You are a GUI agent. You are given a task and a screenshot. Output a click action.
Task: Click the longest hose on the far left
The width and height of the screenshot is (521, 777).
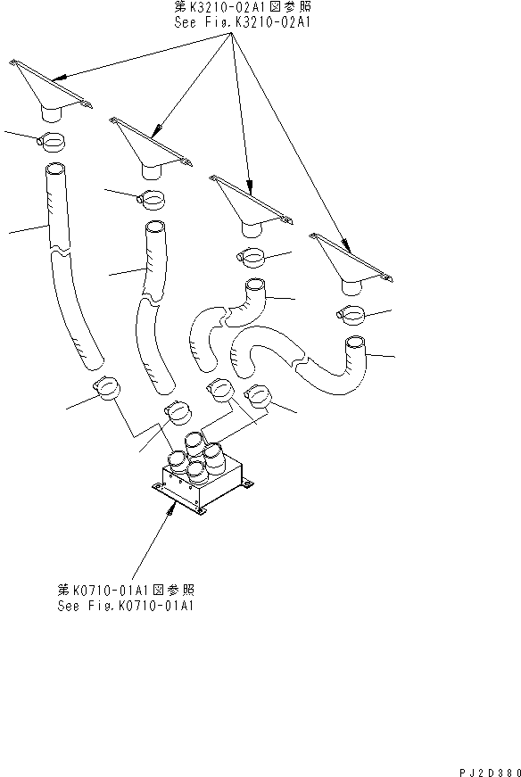point(70,268)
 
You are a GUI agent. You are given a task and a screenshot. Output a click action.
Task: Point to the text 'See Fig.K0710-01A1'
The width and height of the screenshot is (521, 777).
point(126,606)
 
